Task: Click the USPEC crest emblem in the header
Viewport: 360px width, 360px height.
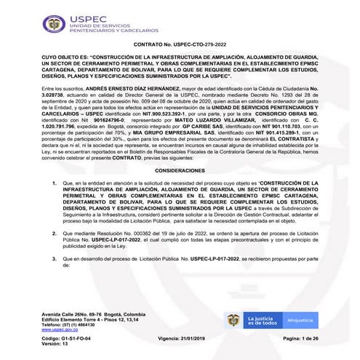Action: coord(53,24)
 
